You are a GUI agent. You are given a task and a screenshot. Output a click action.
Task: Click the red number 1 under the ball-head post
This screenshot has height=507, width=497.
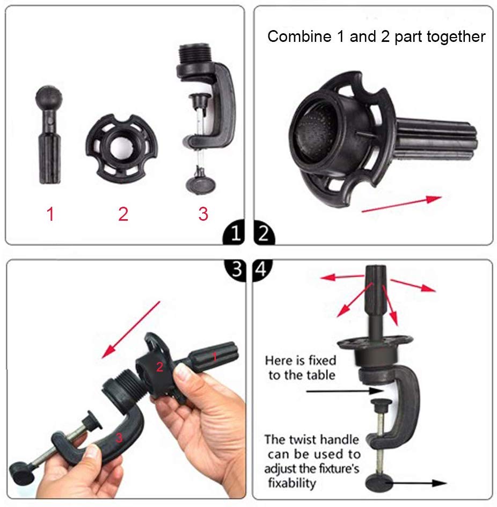click(x=50, y=214)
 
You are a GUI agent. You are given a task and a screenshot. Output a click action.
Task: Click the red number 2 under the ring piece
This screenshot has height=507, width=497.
click(x=123, y=214)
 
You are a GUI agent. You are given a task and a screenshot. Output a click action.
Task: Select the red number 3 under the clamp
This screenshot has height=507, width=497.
click(x=203, y=214)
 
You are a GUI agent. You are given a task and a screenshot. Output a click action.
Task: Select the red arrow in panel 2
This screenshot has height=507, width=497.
click(x=401, y=204)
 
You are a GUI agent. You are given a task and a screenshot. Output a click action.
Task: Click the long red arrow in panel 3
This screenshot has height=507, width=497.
click(x=130, y=330)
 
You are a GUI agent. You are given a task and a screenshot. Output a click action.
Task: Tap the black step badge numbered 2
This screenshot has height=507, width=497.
click(x=264, y=233)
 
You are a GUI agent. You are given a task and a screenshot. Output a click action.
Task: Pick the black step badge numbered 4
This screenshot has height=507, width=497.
click(x=261, y=269)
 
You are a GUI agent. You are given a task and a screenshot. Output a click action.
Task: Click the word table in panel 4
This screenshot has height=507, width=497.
click(x=321, y=375)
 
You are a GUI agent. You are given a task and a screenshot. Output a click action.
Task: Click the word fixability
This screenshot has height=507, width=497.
click(x=292, y=483)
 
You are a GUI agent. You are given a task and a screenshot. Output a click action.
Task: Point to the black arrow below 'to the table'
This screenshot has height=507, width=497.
click(x=345, y=391)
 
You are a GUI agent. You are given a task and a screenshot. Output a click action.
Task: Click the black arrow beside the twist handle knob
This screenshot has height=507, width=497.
click(x=416, y=483)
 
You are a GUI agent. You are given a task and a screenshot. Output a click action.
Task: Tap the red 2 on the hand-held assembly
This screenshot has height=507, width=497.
click(x=159, y=367)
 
